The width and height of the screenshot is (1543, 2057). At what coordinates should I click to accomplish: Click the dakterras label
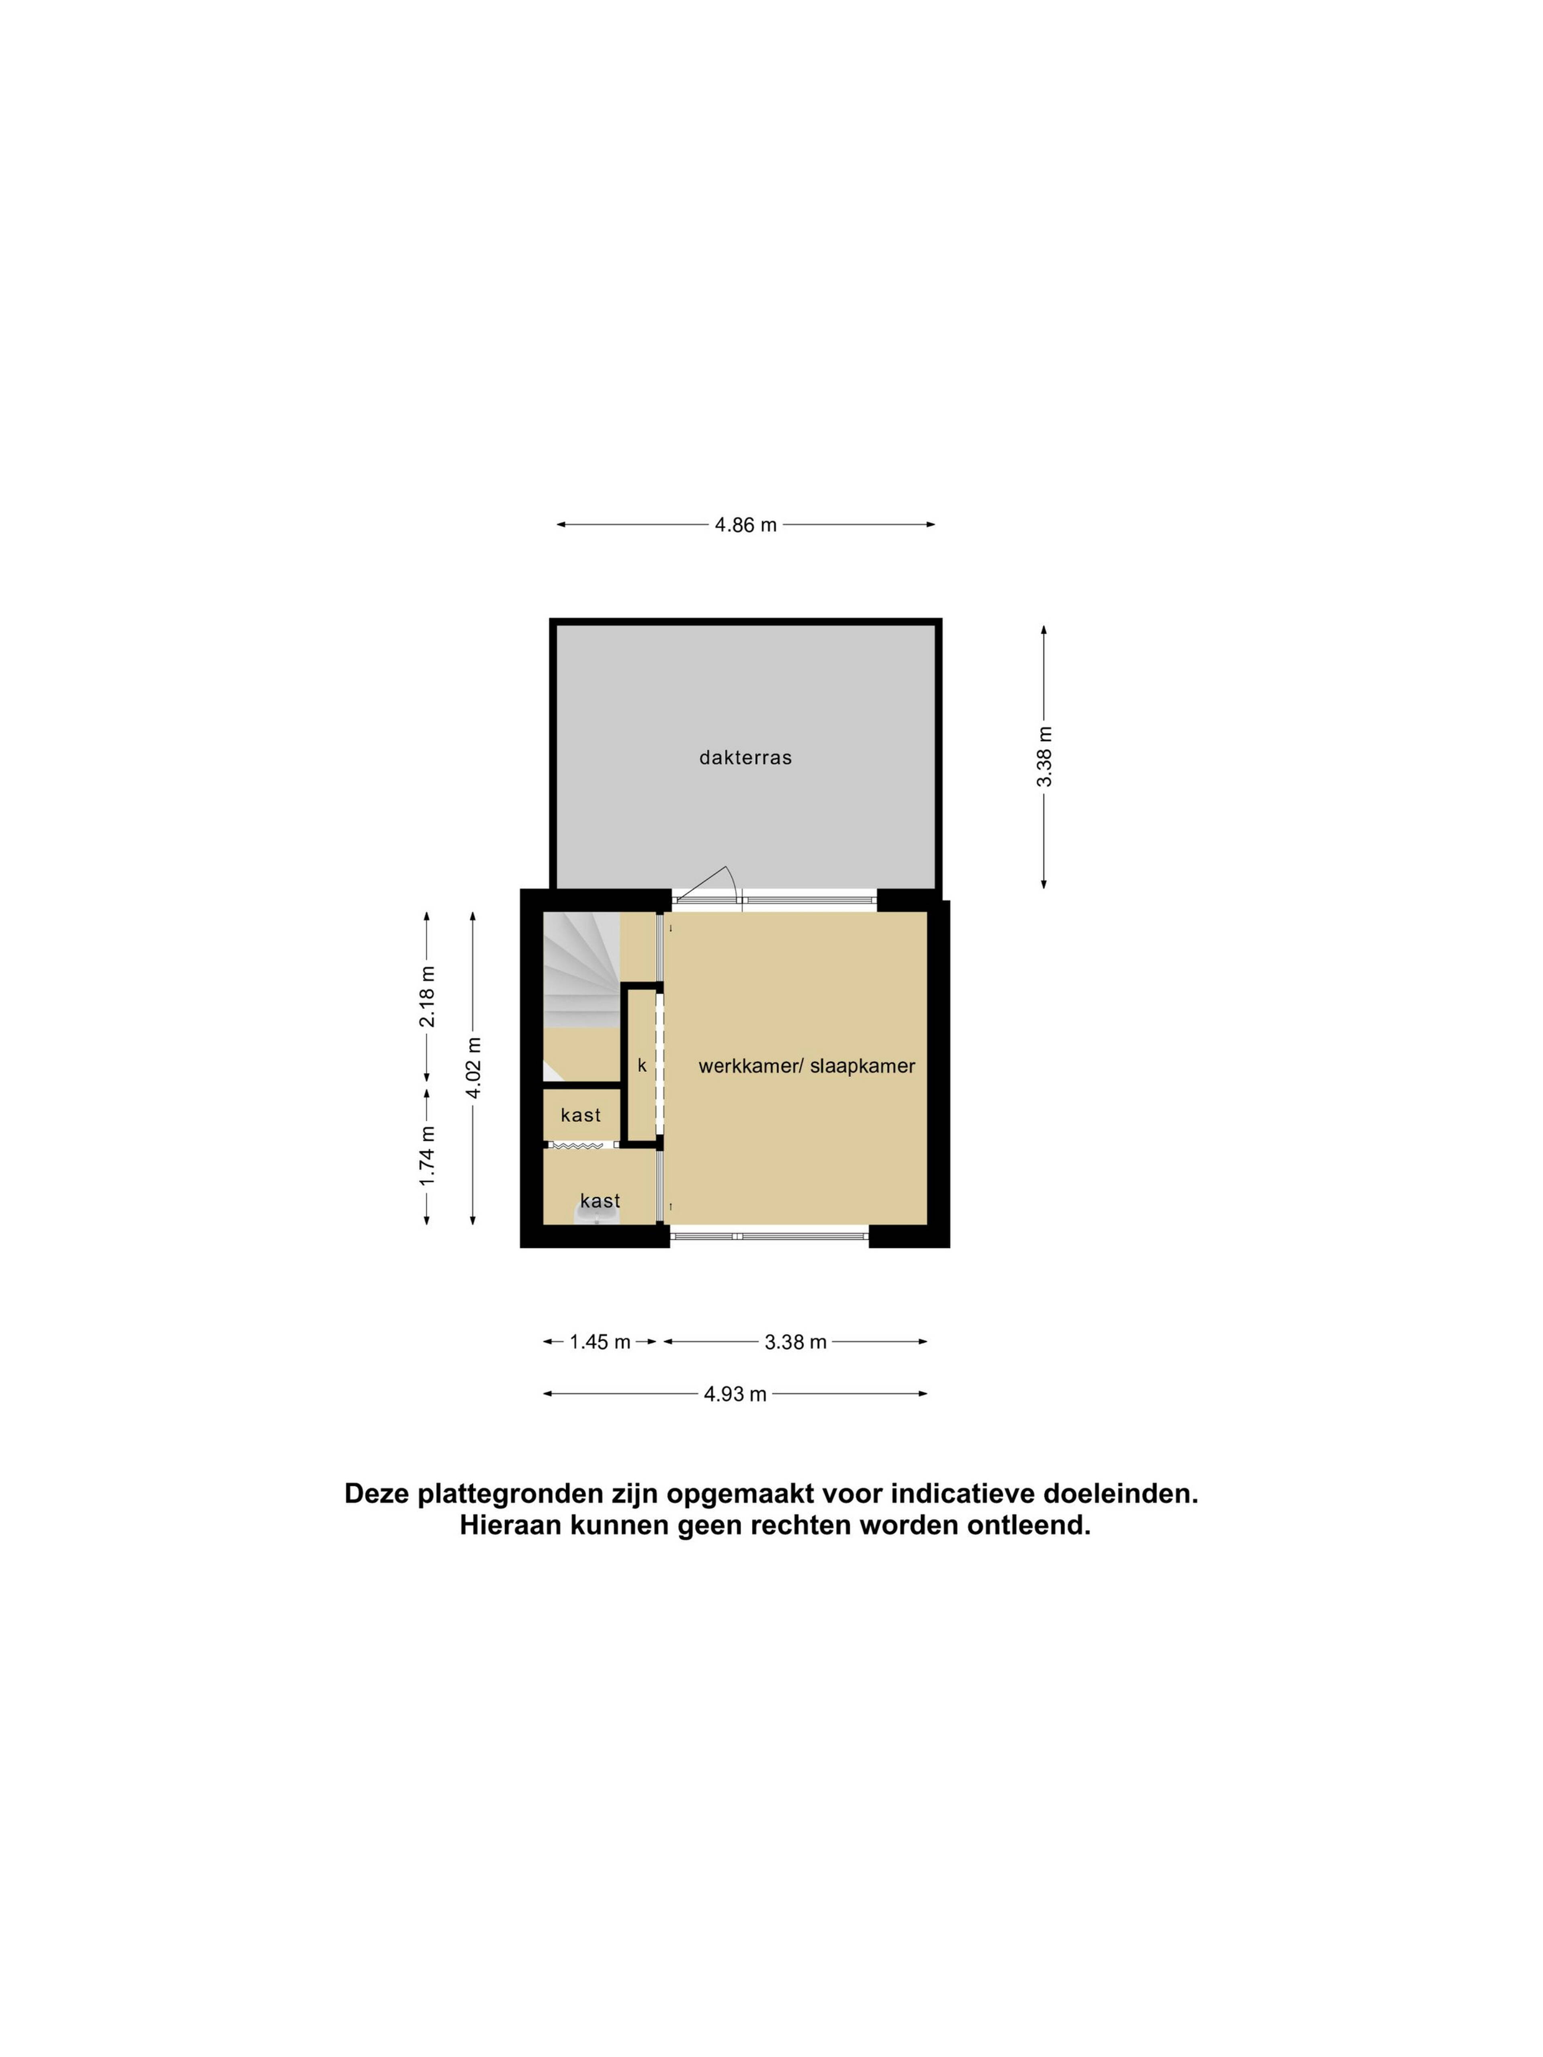tap(745, 758)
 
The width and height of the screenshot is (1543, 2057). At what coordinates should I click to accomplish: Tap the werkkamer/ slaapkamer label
tap(806, 1067)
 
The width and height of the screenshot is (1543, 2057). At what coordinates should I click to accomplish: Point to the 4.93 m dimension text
tap(735, 1394)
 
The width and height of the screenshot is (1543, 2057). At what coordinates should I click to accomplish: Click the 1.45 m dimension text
tap(600, 1342)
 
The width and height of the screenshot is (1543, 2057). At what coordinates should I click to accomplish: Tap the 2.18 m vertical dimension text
tap(427, 996)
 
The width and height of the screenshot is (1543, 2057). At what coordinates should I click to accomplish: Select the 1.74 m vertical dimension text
tap(427, 1156)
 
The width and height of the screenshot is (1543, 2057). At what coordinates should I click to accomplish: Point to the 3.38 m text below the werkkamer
tap(795, 1342)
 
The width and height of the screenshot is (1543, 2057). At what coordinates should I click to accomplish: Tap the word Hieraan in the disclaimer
tap(510, 1526)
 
